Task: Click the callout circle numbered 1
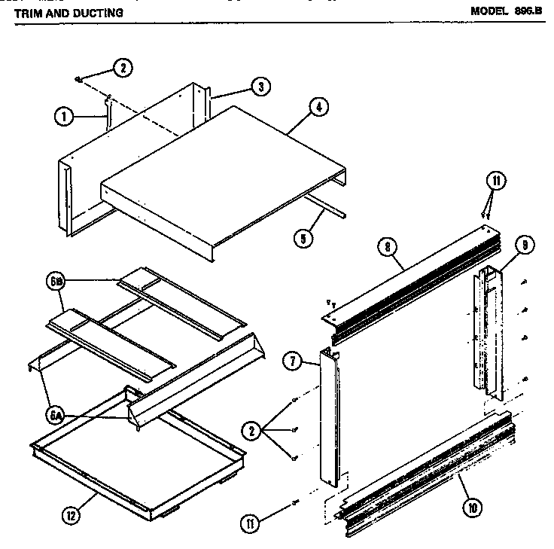click(64, 116)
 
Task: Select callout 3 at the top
click(260, 87)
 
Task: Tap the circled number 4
click(319, 108)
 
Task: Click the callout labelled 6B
click(59, 283)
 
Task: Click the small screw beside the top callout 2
click(78, 78)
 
